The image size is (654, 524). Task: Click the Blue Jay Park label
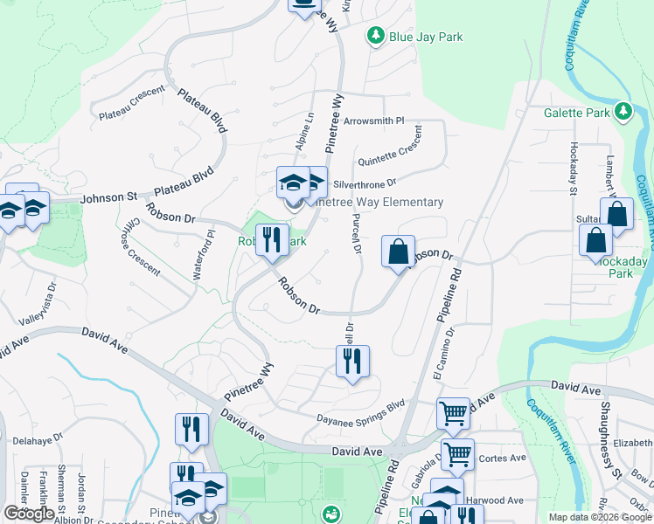[x=426, y=38]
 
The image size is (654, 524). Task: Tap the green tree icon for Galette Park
[x=623, y=111]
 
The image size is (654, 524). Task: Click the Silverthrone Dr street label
[x=365, y=184]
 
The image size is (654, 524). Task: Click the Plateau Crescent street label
[x=132, y=107]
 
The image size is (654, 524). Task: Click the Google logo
[x=30, y=514]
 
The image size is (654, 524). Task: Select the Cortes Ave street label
[x=505, y=458]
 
